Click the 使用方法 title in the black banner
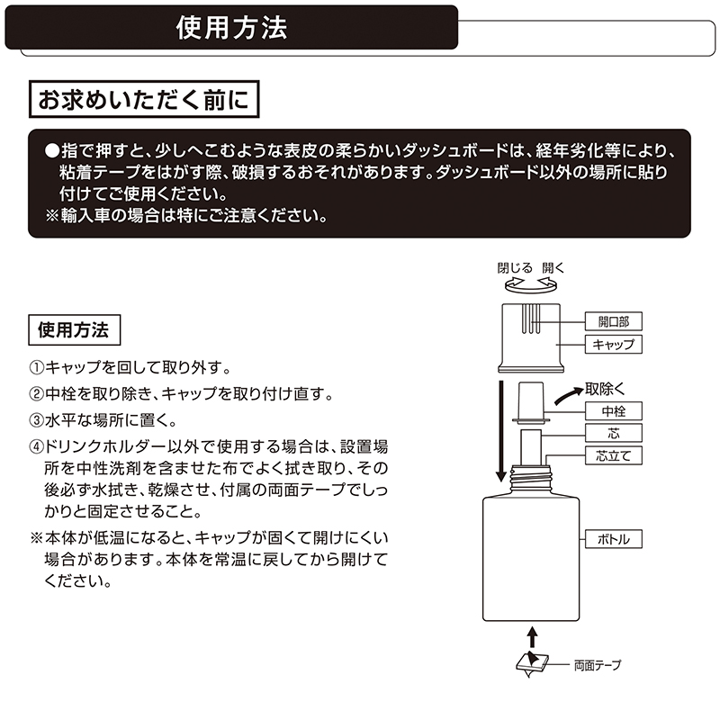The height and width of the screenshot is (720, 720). (231, 28)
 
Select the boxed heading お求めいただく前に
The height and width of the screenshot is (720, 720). (144, 99)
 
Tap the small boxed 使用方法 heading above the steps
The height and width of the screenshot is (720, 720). (74, 329)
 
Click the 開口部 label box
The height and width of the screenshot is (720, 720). (613, 321)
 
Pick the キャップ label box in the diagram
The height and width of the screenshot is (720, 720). (613, 345)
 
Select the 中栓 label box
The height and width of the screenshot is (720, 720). (613, 411)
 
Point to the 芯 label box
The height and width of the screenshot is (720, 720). (613, 433)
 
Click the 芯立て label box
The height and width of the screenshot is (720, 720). (613, 455)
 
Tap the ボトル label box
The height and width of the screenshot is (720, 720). (613, 539)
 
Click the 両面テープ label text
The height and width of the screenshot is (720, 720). (598, 665)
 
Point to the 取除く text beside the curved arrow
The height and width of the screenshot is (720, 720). (605, 389)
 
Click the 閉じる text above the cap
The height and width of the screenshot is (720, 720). (514, 267)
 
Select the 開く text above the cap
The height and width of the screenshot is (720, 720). (553, 267)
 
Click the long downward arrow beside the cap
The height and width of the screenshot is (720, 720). (502, 431)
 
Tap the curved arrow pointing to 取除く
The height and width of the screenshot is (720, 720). (569, 396)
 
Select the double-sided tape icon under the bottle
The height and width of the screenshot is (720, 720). (532, 663)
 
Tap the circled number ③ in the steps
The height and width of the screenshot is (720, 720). (36, 420)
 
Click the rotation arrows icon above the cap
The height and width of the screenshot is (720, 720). (531, 286)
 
